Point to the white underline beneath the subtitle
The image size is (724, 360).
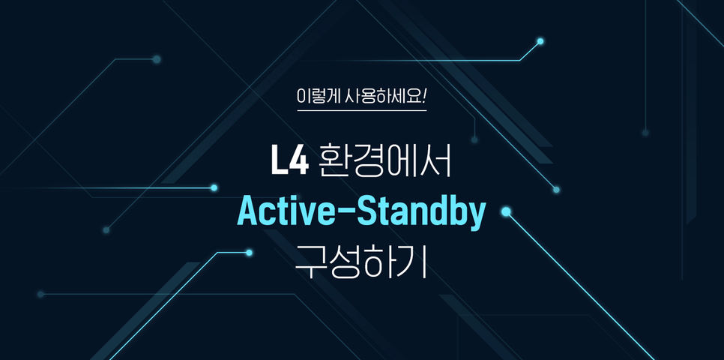tap(361, 111)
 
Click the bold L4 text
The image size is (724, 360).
tap(289, 160)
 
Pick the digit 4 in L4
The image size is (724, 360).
tap(299, 160)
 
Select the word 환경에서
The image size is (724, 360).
tap(384, 160)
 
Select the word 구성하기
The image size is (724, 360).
tap(361, 262)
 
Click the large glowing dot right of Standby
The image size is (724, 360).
tap(506, 211)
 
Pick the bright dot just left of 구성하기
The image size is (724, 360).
tap(250, 253)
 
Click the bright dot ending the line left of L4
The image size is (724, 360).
tap(214, 187)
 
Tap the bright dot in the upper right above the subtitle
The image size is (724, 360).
tap(540, 41)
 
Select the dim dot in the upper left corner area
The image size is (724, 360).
tap(157, 59)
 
